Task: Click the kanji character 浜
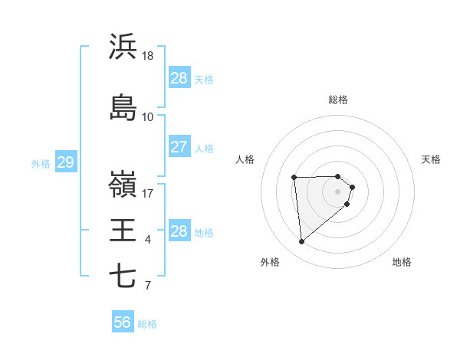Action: tap(123, 47)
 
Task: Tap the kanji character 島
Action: tap(123, 108)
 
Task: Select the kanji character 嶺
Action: tap(123, 184)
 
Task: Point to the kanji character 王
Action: tap(123, 230)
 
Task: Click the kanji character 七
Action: tap(123, 276)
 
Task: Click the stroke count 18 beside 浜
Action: tap(148, 56)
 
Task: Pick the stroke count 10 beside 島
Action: tap(148, 117)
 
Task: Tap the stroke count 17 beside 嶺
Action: tap(148, 194)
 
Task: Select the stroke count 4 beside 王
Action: tap(148, 240)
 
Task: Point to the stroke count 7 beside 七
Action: tap(148, 286)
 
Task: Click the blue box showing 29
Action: tap(65, 162)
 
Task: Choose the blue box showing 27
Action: tap(179, 147)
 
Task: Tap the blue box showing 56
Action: tap(123, 323)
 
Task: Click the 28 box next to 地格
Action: tap(179, 231)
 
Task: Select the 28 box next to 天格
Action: tap(179, 78)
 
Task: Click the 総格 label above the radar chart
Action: tap(338, 100)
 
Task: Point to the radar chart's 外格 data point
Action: tap(302, 242)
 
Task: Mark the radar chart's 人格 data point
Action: tap(294, 178)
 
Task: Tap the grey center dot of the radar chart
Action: tap(338, 191)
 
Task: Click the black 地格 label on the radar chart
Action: tap(402, 263)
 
